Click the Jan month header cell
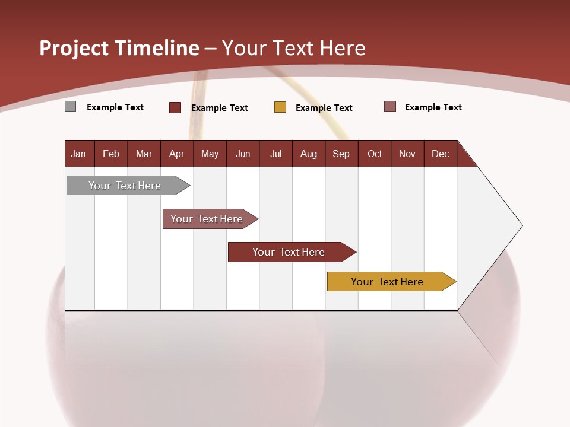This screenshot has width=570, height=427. click(79, 154)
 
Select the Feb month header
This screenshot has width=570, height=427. click(111, 154)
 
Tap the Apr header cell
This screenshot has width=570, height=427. click(177, 154)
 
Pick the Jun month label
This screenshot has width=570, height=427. click(243, 154)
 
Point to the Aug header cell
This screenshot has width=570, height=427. click(309, 154)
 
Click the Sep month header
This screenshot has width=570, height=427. click(341, 154)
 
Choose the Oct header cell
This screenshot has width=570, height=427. click(375, 154)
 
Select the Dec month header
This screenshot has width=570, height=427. click(441, 154)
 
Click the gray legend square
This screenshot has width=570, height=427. click(71, 107)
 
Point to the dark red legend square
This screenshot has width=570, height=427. click(175, 107)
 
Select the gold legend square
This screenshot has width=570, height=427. click(280, 107)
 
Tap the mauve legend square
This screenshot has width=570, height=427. click(390, 107)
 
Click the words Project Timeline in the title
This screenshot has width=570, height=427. click(119, 48)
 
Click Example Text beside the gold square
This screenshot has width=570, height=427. click(324, 107)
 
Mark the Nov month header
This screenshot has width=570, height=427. click(407, 154)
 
